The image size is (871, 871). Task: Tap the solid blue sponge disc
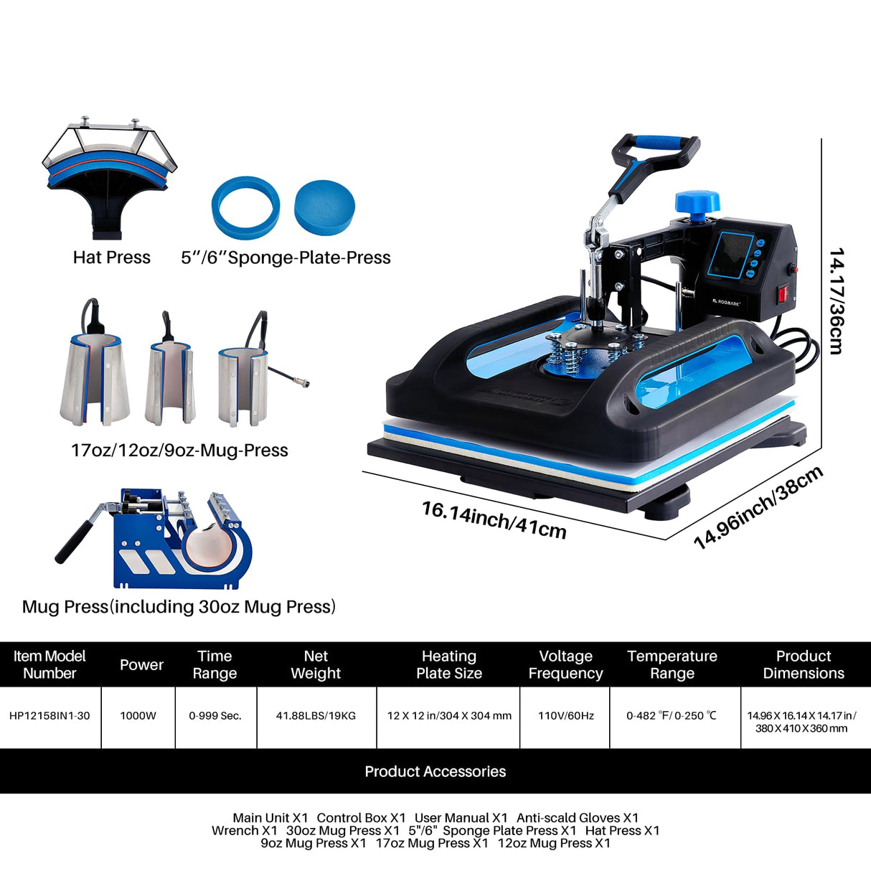tap(324, 205)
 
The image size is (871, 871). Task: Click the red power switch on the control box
tap(783, 293)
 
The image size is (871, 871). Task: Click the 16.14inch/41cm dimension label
tap(494, 519)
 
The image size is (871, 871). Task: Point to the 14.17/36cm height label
tap(836, 301)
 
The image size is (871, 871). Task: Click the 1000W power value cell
tap(138, 716)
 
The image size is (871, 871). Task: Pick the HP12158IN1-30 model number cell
tap(50, 716)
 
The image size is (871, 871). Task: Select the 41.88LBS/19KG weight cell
tap(316, 716)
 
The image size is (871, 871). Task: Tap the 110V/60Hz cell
tap(565, 716)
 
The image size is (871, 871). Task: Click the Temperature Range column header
tap(672, 664)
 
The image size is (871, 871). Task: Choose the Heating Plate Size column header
tap(449, 664)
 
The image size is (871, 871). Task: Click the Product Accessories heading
tap(435, 771)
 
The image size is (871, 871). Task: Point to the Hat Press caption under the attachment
tap(112, 258)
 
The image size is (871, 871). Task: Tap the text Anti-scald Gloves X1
tap(577, 818)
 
